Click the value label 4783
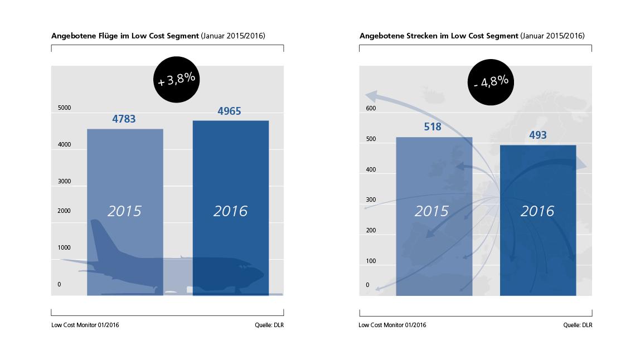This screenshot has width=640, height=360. click(x=124, y=119)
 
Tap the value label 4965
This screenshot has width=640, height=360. click(x=229, y=111)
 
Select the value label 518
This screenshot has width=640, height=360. click(x=432, y=127)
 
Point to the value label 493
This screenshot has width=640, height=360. click(x=537, y=135)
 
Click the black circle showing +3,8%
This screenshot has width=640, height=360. click(x=177, y=79)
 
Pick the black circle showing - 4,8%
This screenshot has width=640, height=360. click(x=491, y=81)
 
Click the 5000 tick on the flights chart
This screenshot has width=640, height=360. click(x=65, y=108)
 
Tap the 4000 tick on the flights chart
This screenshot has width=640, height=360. click(x=65, y=144)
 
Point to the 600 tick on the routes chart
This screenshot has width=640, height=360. click(x=371, y=108)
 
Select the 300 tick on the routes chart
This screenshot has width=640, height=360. click(x=371, y=200)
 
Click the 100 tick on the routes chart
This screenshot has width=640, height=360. click(x=371, y=261)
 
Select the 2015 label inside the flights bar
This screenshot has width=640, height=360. click(x=124, y=211)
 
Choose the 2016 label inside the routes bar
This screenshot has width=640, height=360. click(x=537, y=211)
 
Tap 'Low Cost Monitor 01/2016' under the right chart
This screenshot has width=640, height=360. click(x=392, y=325)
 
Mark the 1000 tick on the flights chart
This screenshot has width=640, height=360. click(x=65, y=247)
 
